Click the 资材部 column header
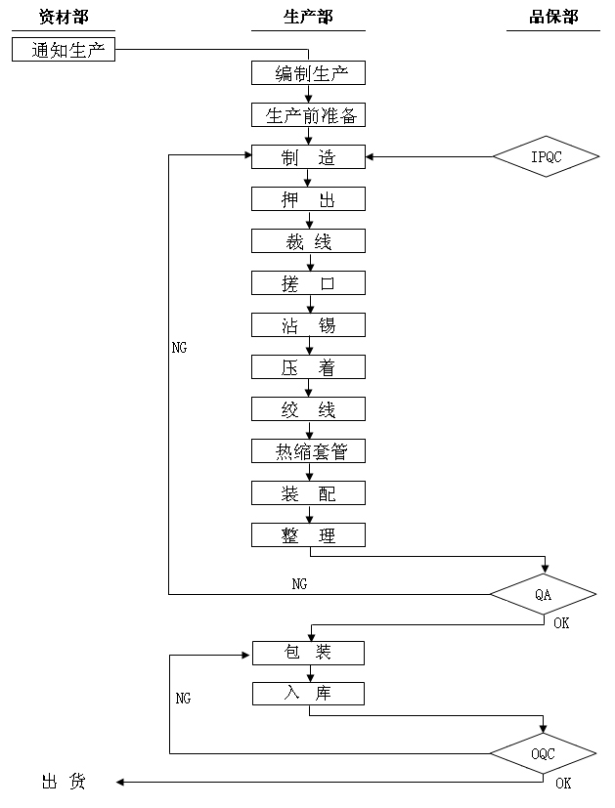click(64, 18)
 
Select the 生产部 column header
click(308, 18)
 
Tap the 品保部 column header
click(553, 18)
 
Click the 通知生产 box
click(64, 50)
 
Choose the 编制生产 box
click(308, 73)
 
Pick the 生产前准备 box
click(308, 115)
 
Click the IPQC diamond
click(546, 156)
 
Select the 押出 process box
click(308, 199)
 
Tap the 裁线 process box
click(308, 241)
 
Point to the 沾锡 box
click(308, 325)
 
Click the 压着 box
click(308, 367)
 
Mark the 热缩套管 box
click(308, 451)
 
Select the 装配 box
click(308, 493)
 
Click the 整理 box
click(308, 535)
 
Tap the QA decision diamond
click(544, 594)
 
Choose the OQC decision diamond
click(544, 753)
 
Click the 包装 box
click(308, 653)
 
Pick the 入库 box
click(308, 694)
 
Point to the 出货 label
click(64, 782)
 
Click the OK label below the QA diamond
click(561, 622)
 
